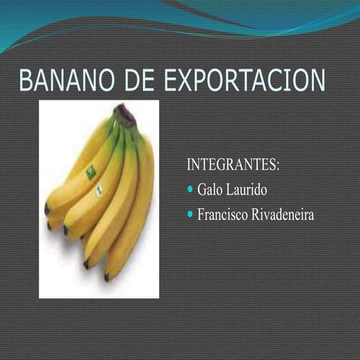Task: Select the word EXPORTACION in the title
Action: pyautogui.click(x=244, y=82)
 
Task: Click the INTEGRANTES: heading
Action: pyautogui.click(x=232, y=163)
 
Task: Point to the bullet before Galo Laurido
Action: pyautogui.click(x=190, y=188)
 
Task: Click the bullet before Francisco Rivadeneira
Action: pyautogui.click(x=190, y=214)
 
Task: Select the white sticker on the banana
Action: pyautogui.click(x=99, y=190)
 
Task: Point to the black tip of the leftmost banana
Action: pyautogui.click(x=46, y=209)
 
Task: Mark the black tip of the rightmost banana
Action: pyautogui.click(x=106, y=277)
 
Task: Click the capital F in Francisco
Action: pyautogui.click(x=201, y=214)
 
